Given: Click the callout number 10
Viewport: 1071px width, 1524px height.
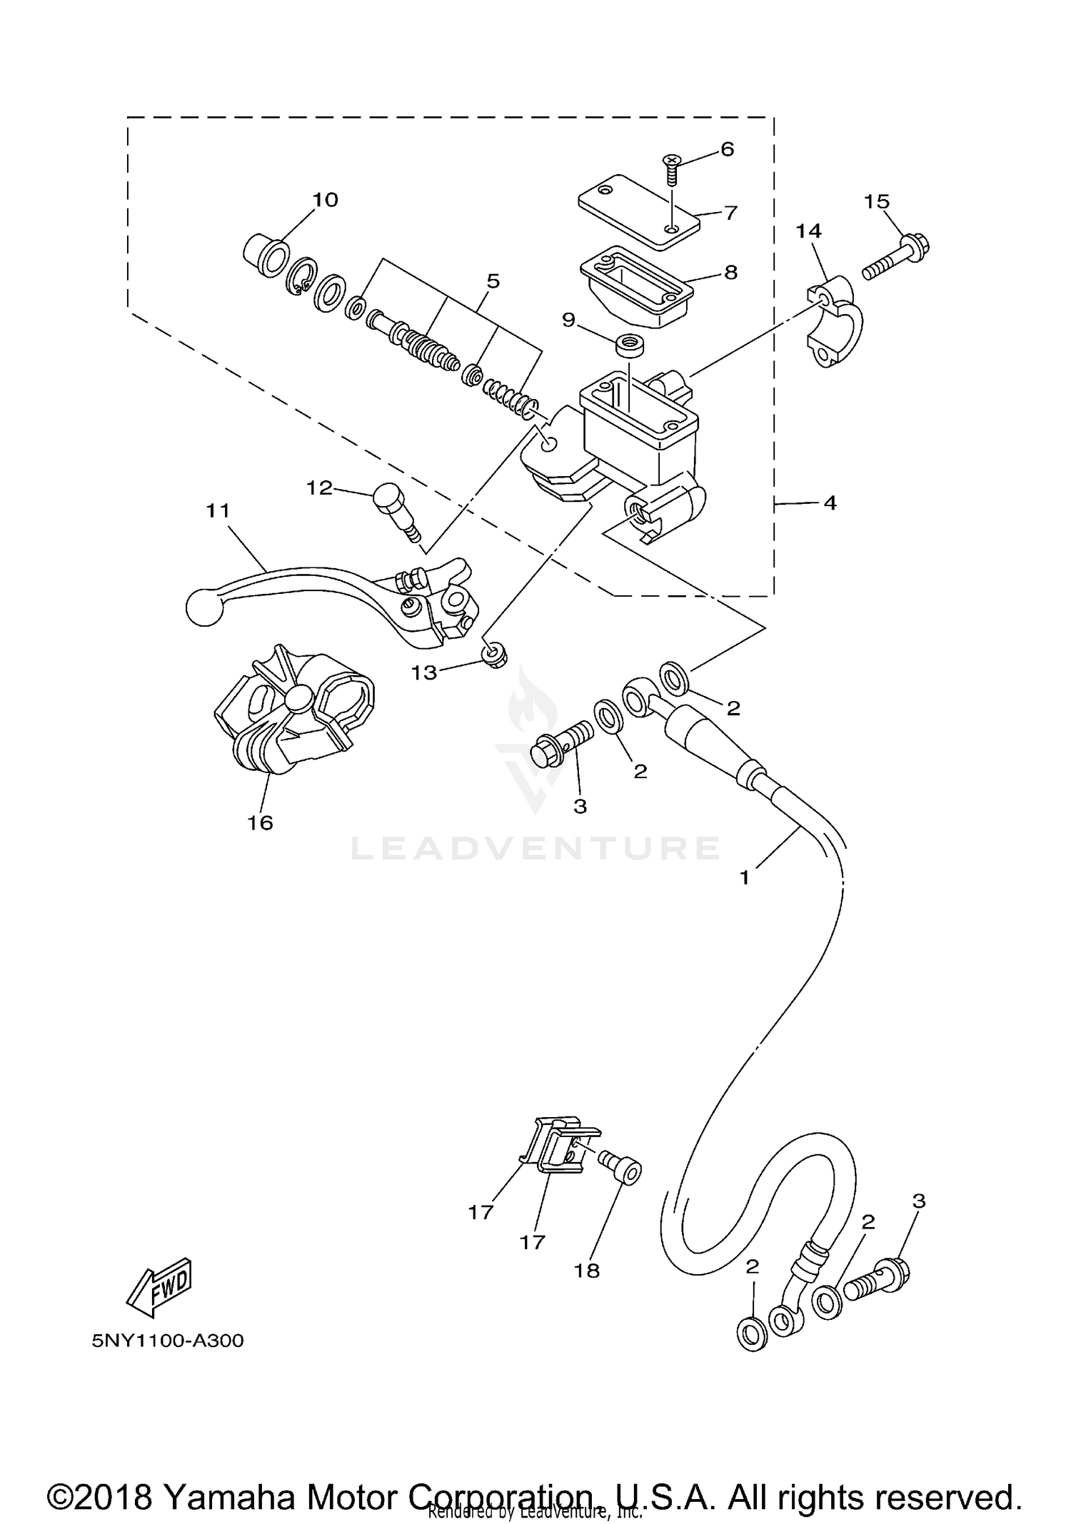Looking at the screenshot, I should click(325, 199).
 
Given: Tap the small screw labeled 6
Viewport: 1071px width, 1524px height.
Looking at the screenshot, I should click(670, 166).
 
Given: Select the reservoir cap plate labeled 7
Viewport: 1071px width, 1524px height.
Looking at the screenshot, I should click(638, 212).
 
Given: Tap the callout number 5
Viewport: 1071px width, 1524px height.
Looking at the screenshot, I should click(493, 281).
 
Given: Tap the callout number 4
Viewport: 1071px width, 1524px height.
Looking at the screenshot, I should click(829, 503).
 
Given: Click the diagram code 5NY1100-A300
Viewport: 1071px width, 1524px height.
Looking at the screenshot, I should click(167, 1341).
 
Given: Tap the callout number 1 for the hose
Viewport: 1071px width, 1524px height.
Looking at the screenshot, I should click(745, 877).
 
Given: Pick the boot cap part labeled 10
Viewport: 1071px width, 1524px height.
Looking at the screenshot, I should click(266, 258).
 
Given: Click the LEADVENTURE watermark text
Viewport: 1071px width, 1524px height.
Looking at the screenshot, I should click(535, 849).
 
